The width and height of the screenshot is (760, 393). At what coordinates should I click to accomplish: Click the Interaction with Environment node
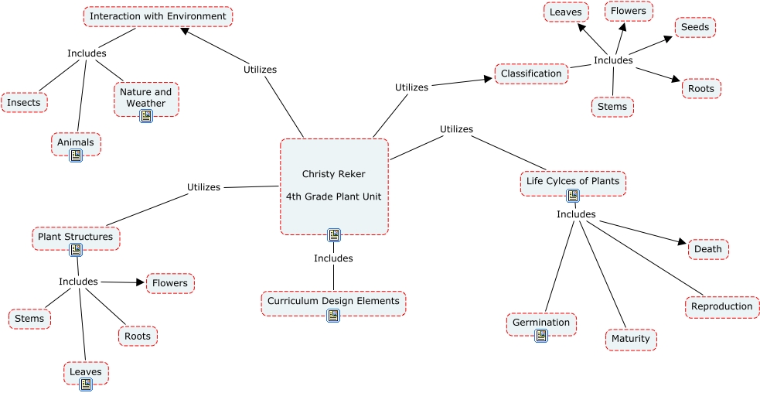click(158, 16)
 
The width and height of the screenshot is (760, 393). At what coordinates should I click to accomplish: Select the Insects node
click(25, 102)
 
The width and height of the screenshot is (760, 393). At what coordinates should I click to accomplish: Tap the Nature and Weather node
click(146, 97)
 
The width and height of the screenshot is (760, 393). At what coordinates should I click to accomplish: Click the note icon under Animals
click(76, 155)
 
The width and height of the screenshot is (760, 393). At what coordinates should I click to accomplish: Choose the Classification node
click(531, 73)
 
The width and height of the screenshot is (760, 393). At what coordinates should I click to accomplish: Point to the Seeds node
click(695, 27)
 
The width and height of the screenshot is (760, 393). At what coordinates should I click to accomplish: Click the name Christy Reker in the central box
click(333, 174)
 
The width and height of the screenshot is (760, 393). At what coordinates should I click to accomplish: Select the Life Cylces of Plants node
click(573, 181)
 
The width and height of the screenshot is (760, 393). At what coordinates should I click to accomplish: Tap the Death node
click(708, 249)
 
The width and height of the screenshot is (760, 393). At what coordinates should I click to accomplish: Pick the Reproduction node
click(721, 306)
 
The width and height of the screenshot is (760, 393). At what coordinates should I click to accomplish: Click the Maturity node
click(631, 339)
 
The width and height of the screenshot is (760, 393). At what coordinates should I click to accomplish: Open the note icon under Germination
click(541, 336)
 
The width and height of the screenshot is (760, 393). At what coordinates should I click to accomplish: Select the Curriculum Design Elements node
click(333, 301)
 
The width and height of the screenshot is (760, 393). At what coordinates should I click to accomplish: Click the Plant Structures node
click(76, 237)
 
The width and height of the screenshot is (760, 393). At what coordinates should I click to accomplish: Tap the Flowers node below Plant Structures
click(170, 283)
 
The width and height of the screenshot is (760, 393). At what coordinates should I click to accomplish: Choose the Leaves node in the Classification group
click(566, 12)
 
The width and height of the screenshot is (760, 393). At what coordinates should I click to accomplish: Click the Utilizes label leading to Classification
click(411, 87)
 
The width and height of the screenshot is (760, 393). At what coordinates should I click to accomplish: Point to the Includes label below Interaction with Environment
click(87, 53)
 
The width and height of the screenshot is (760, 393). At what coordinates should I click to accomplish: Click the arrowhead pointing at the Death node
click(682, 243)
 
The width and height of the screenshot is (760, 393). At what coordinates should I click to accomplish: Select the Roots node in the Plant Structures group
click(138, 336)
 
